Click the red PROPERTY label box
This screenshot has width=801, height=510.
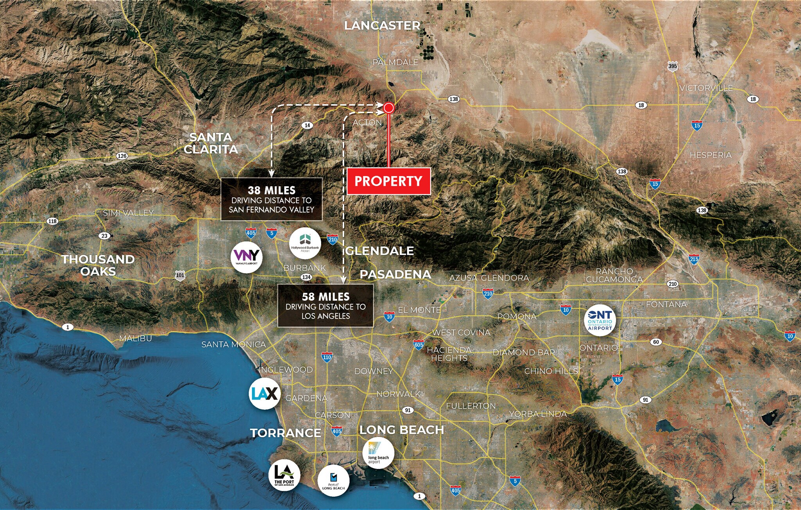(388, 181)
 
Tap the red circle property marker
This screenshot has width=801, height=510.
(388, 108)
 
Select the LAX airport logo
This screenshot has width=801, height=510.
(265, 393)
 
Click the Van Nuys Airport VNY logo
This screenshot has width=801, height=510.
(246, 257)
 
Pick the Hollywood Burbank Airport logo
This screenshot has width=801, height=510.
(305, 243)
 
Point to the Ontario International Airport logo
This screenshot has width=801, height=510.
(600, 320)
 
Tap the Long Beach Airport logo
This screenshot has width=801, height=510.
(378, 453)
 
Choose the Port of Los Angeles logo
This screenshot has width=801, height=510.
(284, 475)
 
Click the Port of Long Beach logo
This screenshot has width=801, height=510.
(333, 481)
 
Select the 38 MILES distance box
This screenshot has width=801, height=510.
(271, 200)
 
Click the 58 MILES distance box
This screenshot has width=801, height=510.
(325, 306)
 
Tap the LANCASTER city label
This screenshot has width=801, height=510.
(382, 26)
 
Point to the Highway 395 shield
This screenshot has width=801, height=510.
(672, 66)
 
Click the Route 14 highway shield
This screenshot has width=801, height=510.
(307, 125)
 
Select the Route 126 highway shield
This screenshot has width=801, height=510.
(122, 156)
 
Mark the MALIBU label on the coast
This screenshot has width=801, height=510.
(135, 338)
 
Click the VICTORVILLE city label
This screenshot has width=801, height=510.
(706, 88)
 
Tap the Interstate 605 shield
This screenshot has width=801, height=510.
(418, 345)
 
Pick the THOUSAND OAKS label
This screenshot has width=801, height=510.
(98, 265)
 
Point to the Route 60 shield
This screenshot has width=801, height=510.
(656, 342)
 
